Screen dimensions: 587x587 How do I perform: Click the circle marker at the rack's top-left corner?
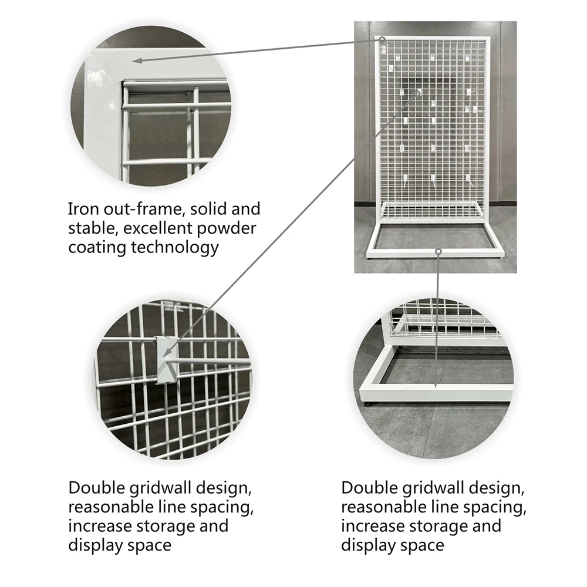[382, 39]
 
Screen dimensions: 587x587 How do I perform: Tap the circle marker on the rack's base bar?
[438, 251]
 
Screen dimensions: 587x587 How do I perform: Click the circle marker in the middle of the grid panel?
[417, 93]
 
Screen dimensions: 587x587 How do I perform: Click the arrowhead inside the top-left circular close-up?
[137, 60]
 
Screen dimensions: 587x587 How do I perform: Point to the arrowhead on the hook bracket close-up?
[167, 352]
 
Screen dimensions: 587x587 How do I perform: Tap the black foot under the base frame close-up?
[369, 404]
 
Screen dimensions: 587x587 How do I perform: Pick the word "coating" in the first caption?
[97, 248]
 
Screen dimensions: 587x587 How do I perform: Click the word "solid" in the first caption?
[207, 209]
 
